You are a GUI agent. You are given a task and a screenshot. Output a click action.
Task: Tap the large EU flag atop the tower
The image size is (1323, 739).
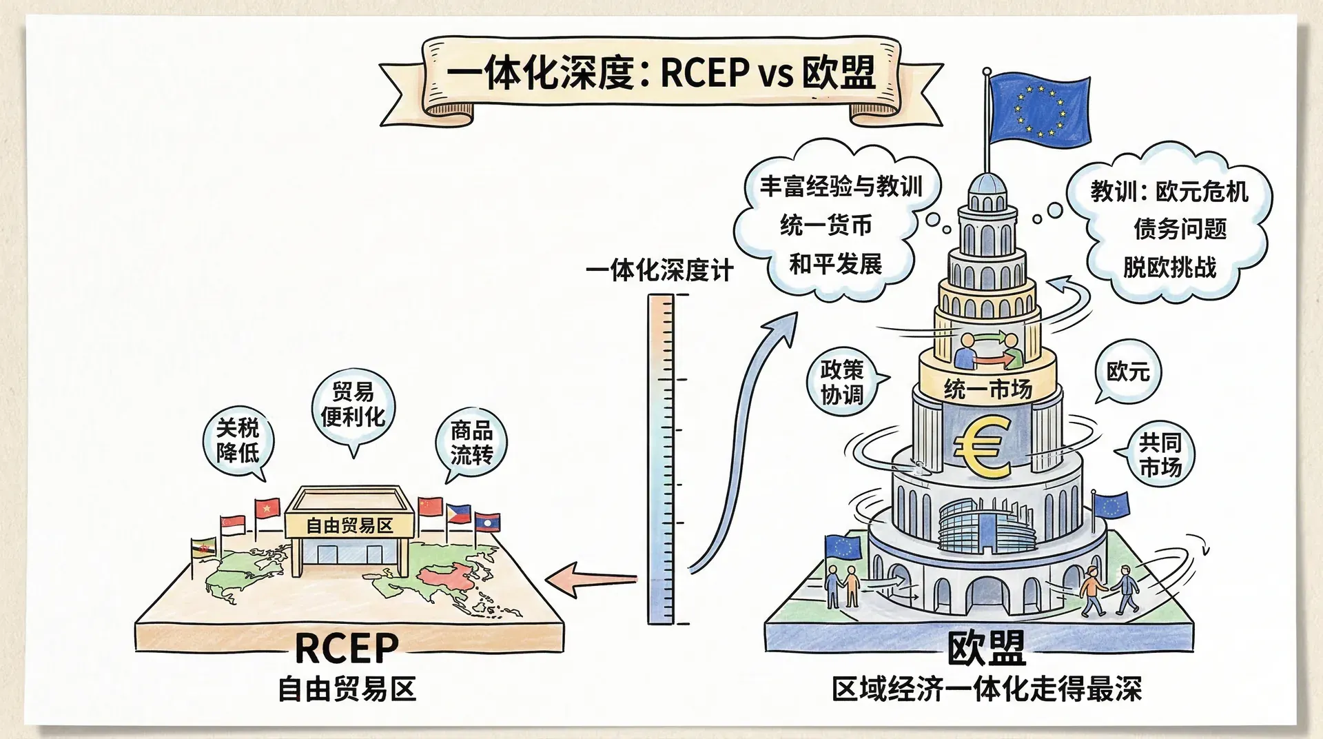1039,110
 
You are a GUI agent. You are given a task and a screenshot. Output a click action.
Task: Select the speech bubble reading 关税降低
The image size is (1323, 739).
238,441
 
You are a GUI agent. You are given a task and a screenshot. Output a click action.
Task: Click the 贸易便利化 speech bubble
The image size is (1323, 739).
353,405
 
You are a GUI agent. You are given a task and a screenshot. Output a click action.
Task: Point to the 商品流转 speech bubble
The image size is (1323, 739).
471,443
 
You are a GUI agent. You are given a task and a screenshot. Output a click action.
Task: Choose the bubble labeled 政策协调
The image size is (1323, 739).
841,382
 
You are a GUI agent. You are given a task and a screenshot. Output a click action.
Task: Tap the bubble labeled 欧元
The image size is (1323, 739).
1128,372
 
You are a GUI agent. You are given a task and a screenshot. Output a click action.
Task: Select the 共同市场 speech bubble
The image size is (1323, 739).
1160,455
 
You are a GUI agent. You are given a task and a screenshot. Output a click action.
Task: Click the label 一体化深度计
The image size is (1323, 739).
659,270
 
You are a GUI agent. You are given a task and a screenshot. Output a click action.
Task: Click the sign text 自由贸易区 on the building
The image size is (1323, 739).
349,526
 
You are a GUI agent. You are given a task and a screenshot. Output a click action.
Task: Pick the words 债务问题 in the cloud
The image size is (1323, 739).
1180,229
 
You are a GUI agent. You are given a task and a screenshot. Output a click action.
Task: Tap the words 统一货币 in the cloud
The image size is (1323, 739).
825,225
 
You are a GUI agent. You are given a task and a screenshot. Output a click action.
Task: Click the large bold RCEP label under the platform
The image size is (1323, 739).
347,648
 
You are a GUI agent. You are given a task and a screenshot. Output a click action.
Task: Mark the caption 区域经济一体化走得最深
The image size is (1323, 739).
987,689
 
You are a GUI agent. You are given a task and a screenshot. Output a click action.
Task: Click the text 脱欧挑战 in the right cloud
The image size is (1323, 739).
1169,267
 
